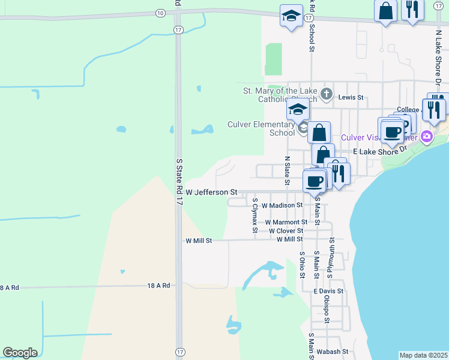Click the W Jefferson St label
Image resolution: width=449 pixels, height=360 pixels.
(211, 192)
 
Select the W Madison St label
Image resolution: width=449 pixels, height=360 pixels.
(282, 205)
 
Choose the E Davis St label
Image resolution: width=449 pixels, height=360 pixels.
(328, 291)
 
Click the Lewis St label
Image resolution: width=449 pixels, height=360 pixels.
(351, 97)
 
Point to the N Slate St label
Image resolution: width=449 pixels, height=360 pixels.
(288, 170)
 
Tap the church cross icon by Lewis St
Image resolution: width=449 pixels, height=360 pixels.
(326, 93)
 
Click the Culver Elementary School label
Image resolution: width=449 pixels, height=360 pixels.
(261, 128)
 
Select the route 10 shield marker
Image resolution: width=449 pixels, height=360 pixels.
(159, 13)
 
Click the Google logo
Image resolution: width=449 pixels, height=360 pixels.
(20, 353)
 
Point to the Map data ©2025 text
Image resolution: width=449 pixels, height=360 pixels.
(423, 355)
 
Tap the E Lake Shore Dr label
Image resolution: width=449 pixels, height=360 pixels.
(376, 152)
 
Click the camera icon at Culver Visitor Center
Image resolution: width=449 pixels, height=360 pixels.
(427, 136)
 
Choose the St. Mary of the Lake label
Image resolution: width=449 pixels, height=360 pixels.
(280, 91)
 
